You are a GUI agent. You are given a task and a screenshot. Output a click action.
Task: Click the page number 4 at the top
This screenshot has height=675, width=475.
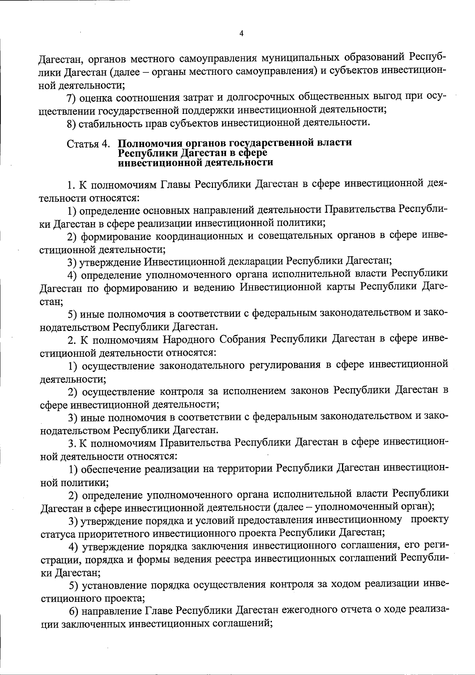[x=241, y=34]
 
